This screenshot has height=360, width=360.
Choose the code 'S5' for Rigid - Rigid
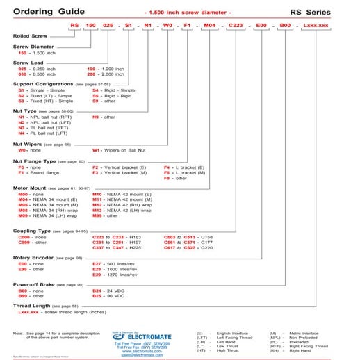point(97,95)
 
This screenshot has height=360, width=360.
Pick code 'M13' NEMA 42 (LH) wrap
point(98,210)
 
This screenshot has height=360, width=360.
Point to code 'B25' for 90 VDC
point(97,295)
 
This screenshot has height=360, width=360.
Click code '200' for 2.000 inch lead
point(91,74)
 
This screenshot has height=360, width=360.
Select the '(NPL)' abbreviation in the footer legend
point(275,338)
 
